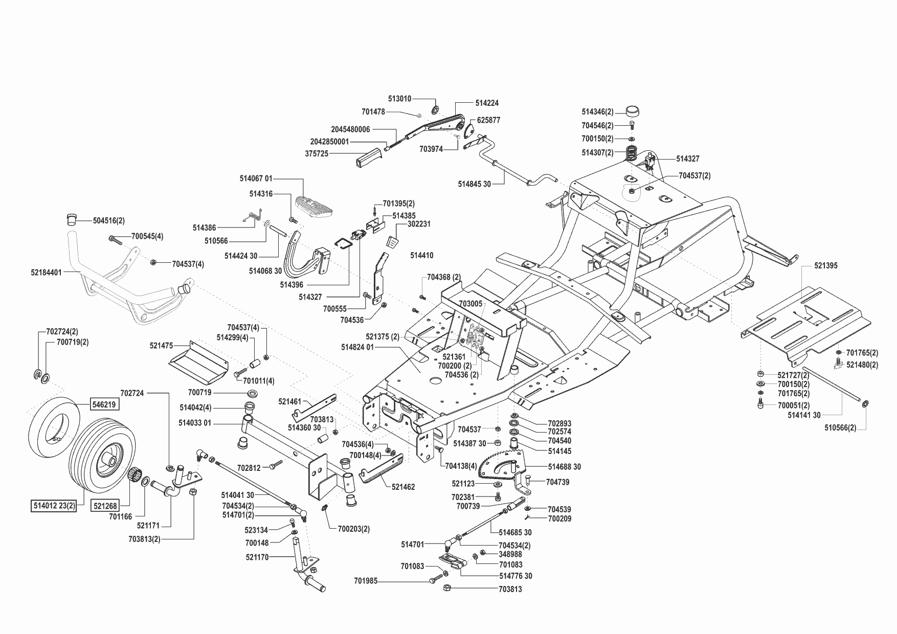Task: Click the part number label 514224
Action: pos(486,103)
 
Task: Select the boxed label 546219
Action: pos(104,404)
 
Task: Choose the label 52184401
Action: pos(46,273)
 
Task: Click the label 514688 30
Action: pos(564,467)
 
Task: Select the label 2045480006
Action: pos(350,129)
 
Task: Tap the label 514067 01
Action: pos(256,178)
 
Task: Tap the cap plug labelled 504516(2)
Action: pos(69,220)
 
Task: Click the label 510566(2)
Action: pos(840,428)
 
